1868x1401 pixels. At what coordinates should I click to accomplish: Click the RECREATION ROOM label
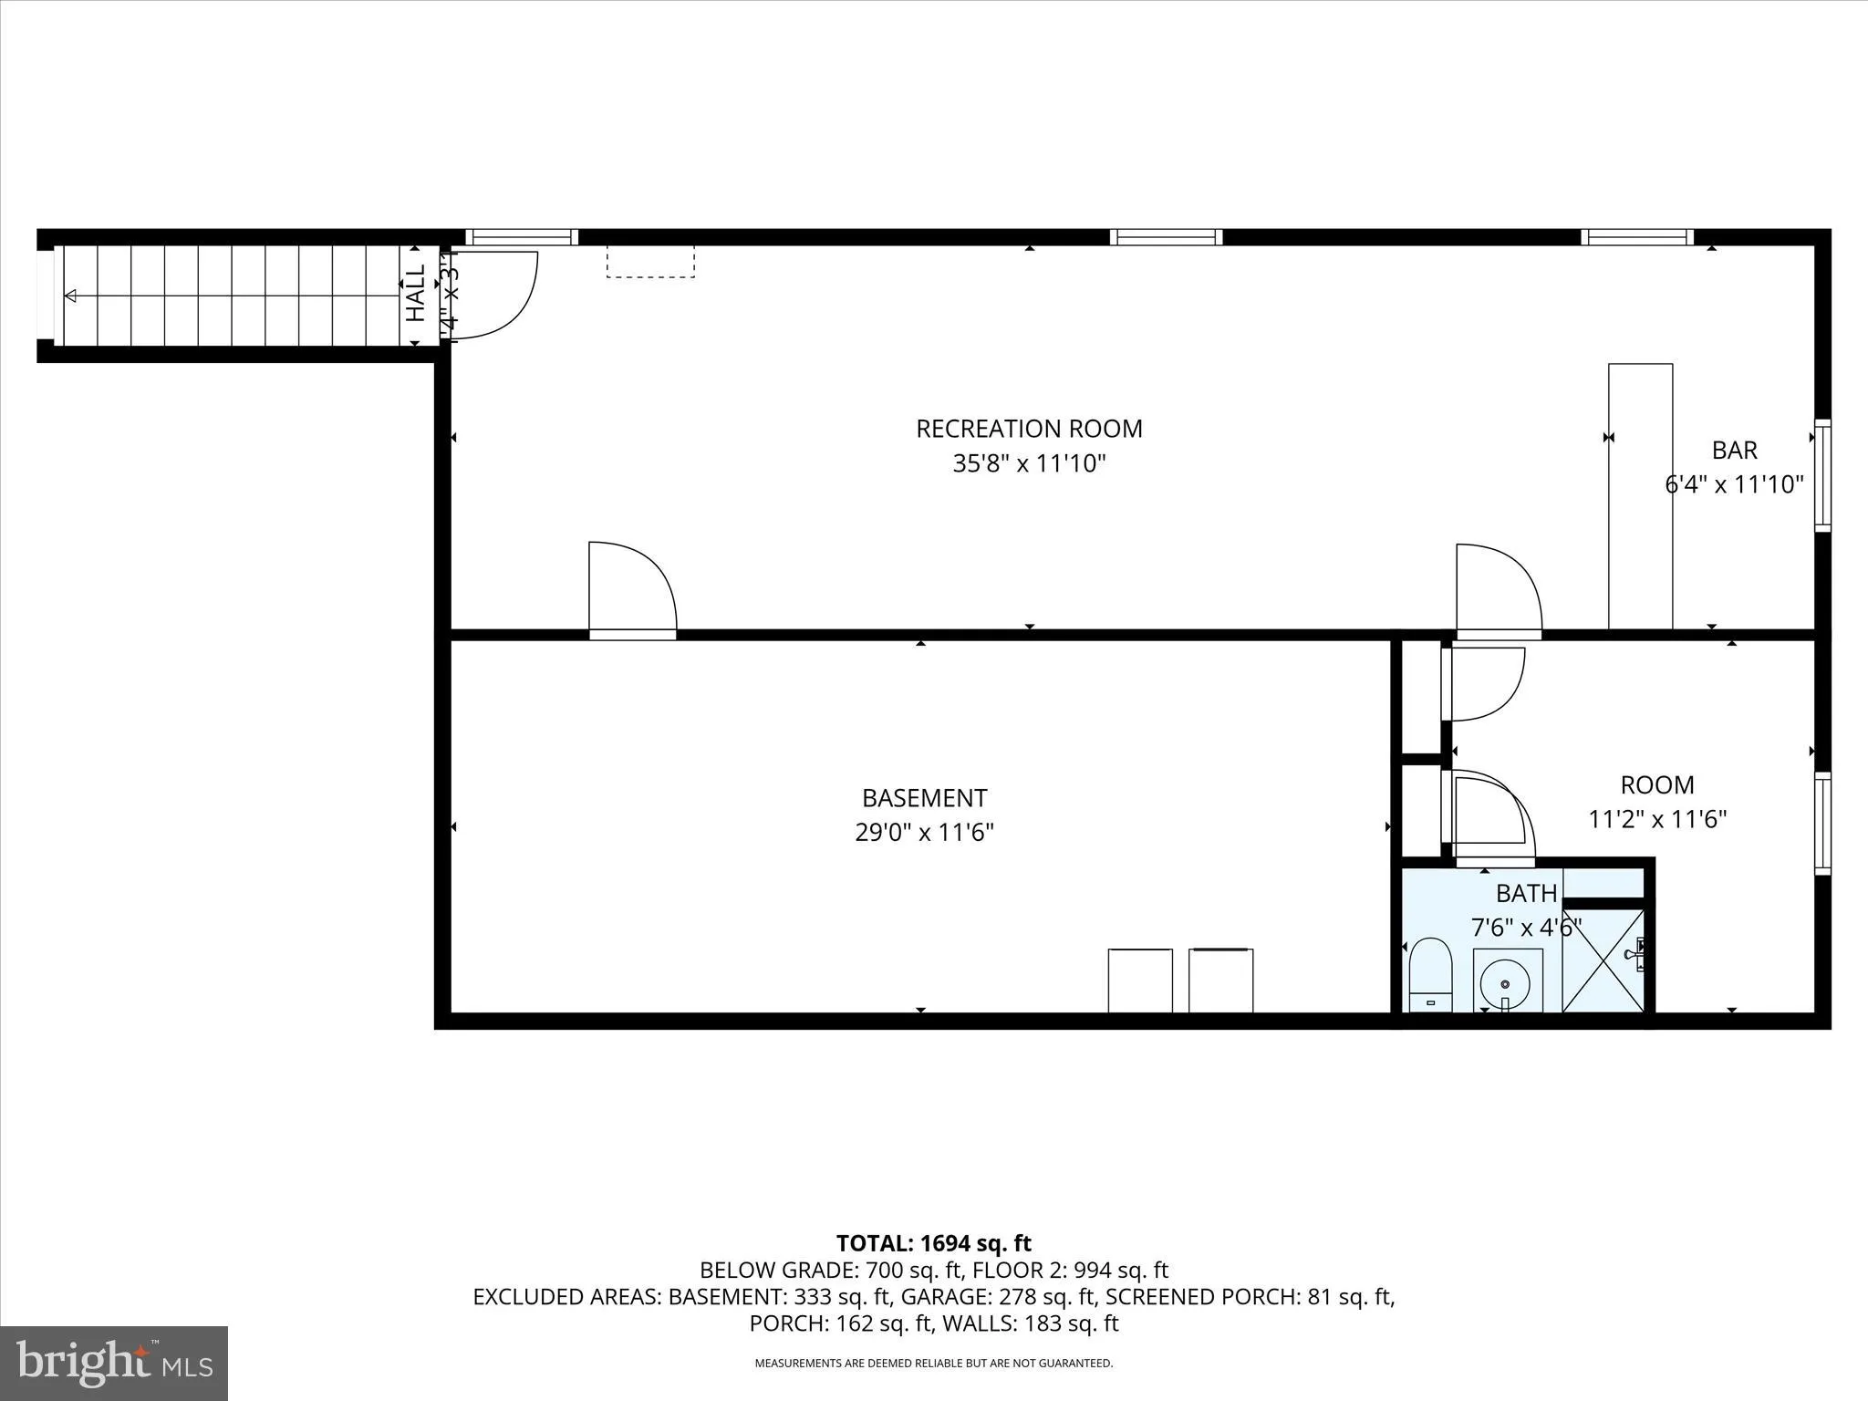coord(1029,429)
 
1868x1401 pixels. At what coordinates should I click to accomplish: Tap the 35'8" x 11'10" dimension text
coord(1029,464)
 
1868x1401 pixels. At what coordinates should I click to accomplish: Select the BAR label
coord(1734,451)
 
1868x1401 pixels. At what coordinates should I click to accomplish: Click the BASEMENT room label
coord(924,798)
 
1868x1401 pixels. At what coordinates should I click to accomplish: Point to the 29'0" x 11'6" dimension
coord(924,833)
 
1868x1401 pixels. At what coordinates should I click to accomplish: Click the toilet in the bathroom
coord(1429,974)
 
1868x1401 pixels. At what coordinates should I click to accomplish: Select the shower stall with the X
coord(1603,960)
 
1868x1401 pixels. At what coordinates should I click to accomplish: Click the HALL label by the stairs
coord(416,293)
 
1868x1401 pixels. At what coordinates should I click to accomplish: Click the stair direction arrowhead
coord(70,296)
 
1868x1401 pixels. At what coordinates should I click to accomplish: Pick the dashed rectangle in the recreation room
coord(650,261)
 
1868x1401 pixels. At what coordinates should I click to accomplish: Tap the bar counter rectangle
coord(1640,496)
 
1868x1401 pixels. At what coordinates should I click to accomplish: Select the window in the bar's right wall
coord(1821,475)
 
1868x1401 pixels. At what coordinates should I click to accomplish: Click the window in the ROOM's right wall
coord(1821,823)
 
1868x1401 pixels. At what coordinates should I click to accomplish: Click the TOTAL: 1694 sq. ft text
coord(933,1243)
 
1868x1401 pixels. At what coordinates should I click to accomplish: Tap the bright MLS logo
coord(114,1363)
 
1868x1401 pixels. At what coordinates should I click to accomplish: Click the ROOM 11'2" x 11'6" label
coord(1657,802)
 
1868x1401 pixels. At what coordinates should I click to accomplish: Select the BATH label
coord(1526,893)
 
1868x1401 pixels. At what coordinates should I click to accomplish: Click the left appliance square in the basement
coord(1139,981)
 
